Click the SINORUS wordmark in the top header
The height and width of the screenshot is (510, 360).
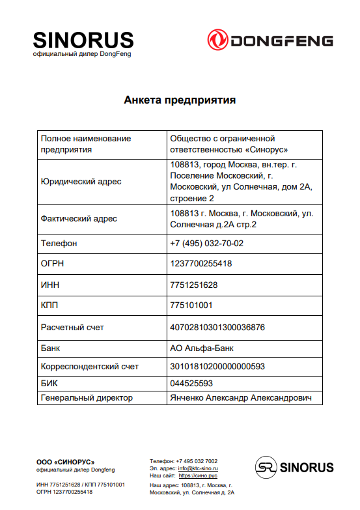coord(83,40)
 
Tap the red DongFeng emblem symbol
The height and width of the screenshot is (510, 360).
coord(218,40)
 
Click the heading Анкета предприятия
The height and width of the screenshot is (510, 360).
coord(180,100)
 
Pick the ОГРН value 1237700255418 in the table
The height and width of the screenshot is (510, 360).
coord(201,264)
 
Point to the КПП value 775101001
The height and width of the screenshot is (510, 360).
coord(191,305)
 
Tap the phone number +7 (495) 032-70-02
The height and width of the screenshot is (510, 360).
coord(206,243)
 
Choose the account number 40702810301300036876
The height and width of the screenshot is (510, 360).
coord(217,327)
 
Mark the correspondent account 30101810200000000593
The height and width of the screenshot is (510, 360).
coord(217,366)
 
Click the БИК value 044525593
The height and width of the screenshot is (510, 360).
coord(191,383)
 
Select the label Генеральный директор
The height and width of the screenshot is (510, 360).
coord(87,397)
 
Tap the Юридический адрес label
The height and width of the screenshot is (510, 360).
coord(81,181)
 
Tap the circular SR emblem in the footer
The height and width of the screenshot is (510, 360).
coord(264,467)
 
